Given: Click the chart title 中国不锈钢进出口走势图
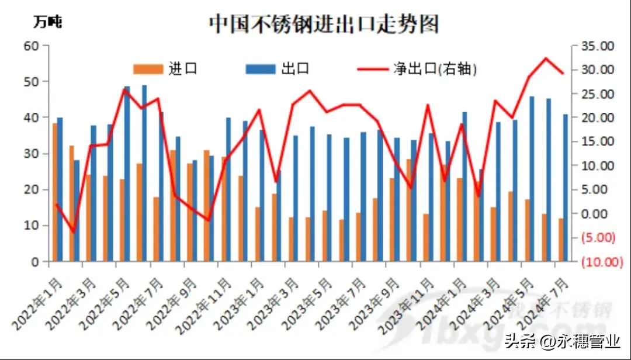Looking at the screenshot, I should click(324, 24).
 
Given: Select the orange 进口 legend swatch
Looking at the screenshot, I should click(148, 69).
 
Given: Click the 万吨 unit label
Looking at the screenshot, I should click(47, 23).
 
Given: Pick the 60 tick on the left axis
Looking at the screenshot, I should click(30, 46).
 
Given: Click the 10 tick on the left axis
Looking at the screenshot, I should click(30, 226).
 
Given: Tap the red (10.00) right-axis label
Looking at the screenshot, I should click(602, 262).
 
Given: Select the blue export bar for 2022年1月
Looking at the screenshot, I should click(60, 189).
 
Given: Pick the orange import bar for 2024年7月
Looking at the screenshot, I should click(561, 240).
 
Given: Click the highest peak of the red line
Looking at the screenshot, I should click(546, 58).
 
